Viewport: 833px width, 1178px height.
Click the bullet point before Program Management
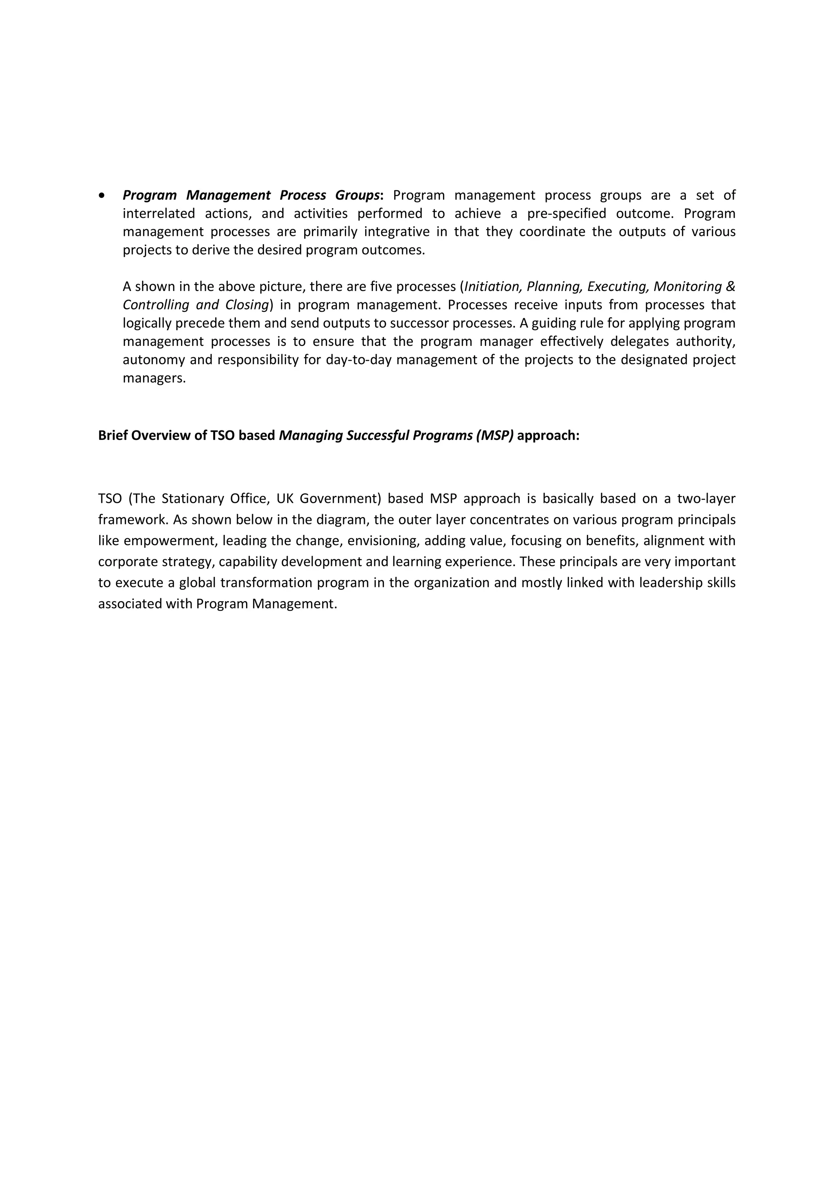click(102, 196)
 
